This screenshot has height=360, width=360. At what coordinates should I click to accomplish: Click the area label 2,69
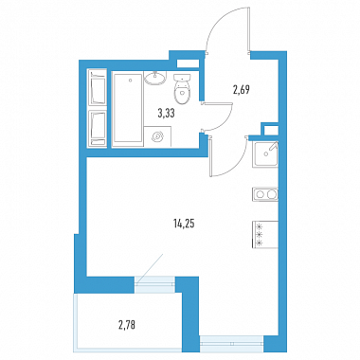(x=242, y=91)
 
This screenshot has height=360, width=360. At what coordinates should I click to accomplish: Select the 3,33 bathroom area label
(x=166, y=113)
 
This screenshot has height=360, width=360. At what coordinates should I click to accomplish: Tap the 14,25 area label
(x=184, y=224)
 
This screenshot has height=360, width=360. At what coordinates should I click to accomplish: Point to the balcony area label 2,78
(x=127, y=324)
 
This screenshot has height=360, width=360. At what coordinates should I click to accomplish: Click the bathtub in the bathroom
(x=127, y=109)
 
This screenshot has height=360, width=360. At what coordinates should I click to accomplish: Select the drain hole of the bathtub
(x=130, y=81)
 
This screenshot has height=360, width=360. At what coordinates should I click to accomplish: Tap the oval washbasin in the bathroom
(x=155, y=78)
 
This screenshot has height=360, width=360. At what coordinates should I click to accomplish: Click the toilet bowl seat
(x=182, y=93)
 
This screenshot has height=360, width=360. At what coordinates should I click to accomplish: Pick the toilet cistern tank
(x=182, y=78)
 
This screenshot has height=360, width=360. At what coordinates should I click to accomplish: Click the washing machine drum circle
(x=157, y=136)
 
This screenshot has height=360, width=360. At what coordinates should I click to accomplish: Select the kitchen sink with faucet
(x=265, y=154)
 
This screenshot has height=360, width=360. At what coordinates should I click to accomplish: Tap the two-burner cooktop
(x=265, y=194)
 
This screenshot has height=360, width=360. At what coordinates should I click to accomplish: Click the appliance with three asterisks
(x=265, y=235)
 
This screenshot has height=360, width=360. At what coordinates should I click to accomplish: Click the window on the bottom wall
(x=231, y=343)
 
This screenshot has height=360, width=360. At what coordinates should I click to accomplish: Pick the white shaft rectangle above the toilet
(x=188, y=63)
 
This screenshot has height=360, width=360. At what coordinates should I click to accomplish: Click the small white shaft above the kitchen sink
(x=271, y=131)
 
